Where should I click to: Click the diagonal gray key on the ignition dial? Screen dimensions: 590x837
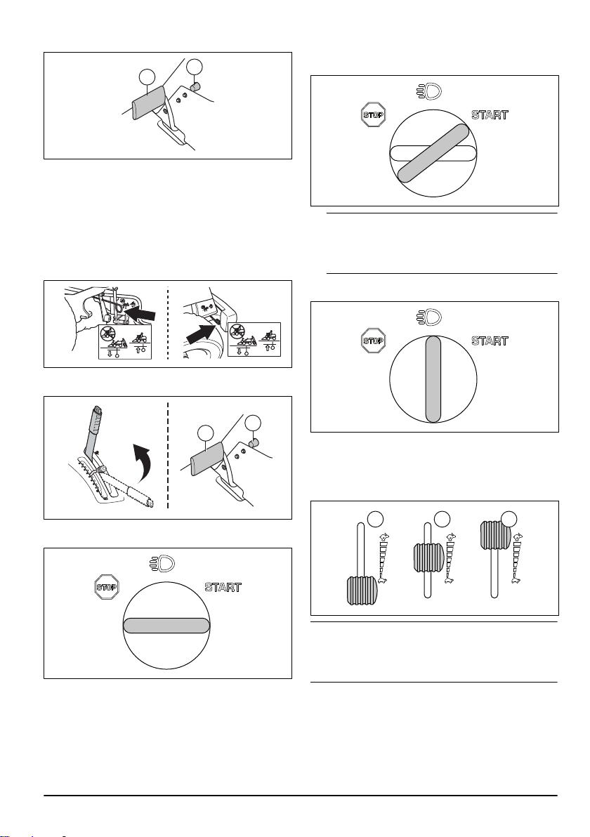coord(433,153)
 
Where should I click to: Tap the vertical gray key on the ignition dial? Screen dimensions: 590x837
coord(433,379)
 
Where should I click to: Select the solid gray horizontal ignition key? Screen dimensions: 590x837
coord(166,625)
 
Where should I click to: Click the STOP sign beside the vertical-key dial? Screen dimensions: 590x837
coord(374,341)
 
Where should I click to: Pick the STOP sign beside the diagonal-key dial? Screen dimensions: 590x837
coord(373,114)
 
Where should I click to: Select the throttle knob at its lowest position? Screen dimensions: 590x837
coord(362,591)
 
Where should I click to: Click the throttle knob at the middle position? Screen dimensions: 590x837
coord(428,558)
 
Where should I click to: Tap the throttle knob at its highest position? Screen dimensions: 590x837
coord(495,535)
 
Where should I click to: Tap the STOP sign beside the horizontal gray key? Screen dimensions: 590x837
coord(106,587)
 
